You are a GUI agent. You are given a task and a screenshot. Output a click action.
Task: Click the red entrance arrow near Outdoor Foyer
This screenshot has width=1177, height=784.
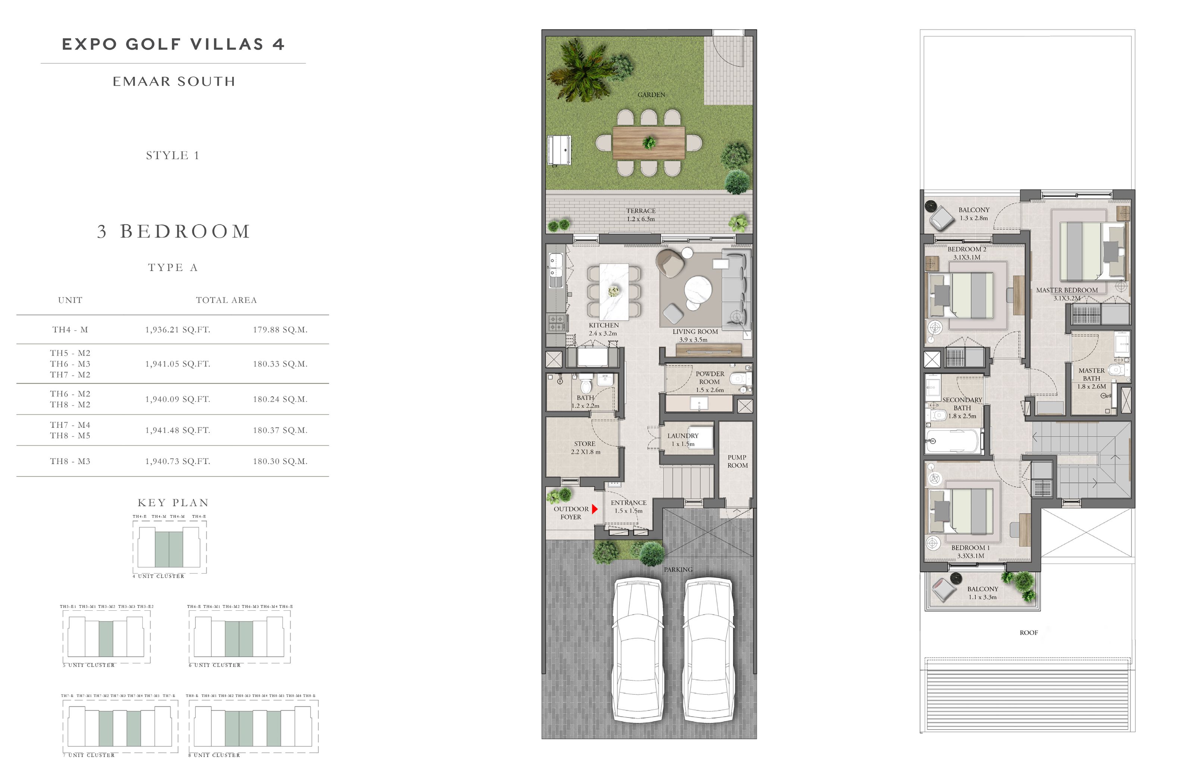click(595, 509)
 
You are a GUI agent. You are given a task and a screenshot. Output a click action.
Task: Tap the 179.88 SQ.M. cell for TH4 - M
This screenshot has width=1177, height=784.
click(280, 330)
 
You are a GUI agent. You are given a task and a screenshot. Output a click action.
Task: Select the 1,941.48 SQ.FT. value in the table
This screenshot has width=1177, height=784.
click(177, 430)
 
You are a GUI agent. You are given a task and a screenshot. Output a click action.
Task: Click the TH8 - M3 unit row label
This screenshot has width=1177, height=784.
click(70, 461)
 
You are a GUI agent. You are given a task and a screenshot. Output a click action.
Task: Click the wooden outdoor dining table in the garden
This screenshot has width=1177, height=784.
click(648, 143)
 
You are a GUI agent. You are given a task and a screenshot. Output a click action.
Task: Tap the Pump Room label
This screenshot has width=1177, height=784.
click(737, 461)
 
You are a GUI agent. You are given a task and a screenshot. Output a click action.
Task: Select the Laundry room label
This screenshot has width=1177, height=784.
click(683, 439)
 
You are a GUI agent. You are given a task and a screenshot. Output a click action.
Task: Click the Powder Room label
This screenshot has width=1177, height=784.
click(709, 381)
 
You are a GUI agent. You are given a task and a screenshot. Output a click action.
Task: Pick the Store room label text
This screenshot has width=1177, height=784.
click(585, 447)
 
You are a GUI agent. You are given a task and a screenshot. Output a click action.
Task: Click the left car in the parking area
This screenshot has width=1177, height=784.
click(638, 650)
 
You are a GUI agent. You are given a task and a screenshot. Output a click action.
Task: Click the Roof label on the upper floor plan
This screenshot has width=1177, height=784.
click(1029, 633)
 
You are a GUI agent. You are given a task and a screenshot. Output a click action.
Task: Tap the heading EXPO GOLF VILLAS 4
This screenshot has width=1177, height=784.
click(173, 44)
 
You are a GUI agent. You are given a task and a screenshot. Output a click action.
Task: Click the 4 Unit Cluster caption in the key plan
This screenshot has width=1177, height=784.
click(158, 576)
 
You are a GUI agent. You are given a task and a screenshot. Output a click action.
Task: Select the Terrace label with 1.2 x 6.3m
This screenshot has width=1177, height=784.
click(641, 214)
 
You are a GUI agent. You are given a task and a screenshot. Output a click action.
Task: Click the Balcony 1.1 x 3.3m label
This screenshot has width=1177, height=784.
click(982, 592)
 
